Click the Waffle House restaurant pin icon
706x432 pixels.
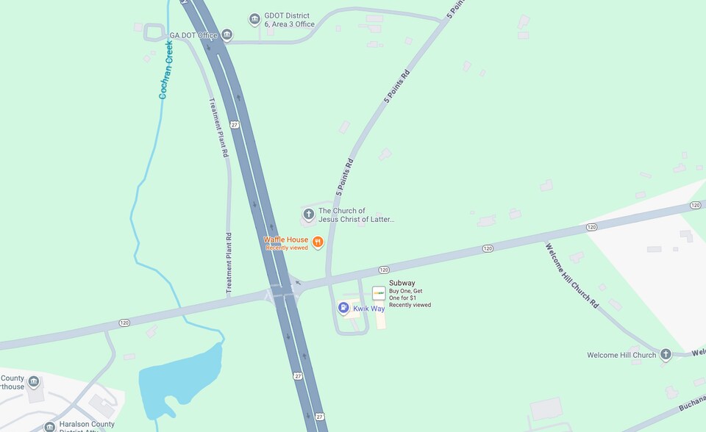(318, 242)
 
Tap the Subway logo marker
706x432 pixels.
(379, 293)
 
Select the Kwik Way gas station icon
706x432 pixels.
(343, 308)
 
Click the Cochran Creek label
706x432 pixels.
(166, 70)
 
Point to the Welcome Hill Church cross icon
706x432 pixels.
(666, 355)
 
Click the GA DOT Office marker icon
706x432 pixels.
(227, 35)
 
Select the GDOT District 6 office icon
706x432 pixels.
(254, 19)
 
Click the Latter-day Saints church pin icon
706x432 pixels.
(308, 215)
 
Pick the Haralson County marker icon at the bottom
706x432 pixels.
(49, 426)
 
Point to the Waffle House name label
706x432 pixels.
(287, 240)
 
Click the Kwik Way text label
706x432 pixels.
(368, 309)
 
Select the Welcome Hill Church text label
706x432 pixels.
(621, 356)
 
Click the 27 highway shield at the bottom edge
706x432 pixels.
(320, 417)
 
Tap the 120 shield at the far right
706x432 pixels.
(695, 205)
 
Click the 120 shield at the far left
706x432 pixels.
(124, 323)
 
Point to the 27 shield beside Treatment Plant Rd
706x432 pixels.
(234, 125)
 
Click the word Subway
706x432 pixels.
(402, 283)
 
